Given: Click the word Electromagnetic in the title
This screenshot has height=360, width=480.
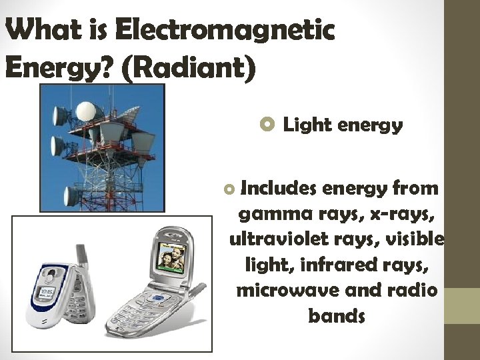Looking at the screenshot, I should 224,31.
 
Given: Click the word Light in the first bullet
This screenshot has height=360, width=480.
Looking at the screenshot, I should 303,125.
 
